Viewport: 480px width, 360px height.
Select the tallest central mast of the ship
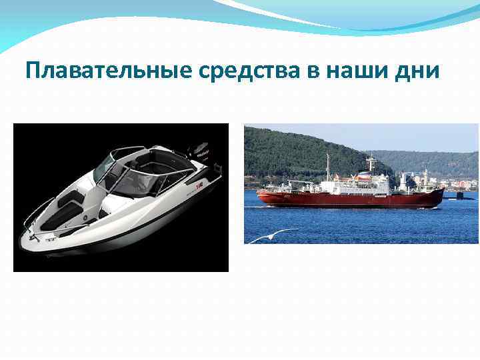coord(371,163)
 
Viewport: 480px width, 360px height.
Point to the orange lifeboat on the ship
coord(364,177)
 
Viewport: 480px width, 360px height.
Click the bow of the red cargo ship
coord(262,196)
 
